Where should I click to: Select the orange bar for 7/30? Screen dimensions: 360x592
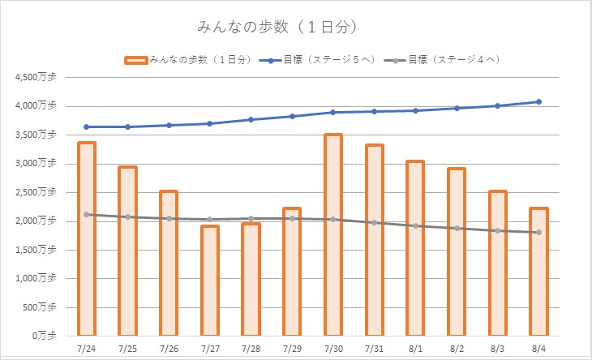tap(332, 234)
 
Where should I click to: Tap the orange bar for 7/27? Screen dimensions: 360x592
tap(209, 281)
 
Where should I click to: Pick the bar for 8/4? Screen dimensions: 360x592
tap(538, 272)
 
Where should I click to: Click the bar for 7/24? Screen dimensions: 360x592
tap(86, 238)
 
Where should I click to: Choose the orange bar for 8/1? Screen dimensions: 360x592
tap(415, 248)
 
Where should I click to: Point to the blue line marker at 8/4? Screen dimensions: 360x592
tap(538, 102)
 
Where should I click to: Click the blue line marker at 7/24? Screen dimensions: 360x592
tap(86, 126)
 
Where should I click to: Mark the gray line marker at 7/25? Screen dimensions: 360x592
tap(127, 217)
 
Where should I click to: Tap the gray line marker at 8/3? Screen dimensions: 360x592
tap(497, 231)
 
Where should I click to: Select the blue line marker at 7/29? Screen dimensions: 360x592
tap(292, 117)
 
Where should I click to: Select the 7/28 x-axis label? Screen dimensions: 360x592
tap(251, 348)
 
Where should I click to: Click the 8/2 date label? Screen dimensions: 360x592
tap(457, 348)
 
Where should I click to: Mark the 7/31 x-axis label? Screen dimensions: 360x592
tap(374, 348)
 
